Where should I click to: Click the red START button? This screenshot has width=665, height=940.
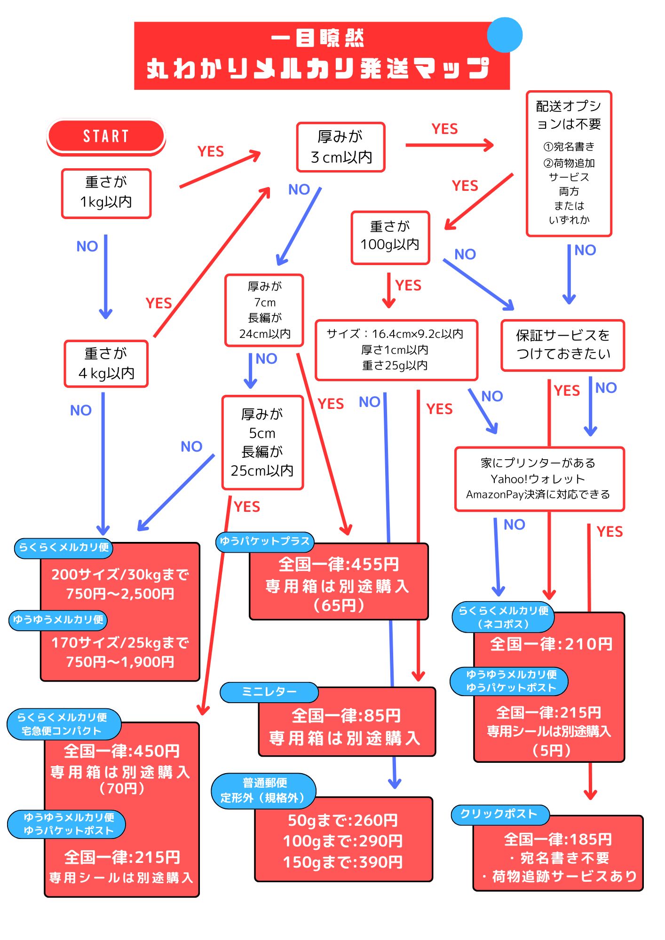[106, 136]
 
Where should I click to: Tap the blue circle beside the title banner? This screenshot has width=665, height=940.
[505, 35]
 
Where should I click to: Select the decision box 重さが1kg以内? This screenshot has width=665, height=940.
[106, 193]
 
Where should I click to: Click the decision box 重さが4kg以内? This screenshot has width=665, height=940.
[106, 364]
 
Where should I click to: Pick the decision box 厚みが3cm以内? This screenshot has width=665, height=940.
[341, 147]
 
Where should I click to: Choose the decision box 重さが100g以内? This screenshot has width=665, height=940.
[390, 237]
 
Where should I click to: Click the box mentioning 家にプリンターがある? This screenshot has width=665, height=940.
[539, 479]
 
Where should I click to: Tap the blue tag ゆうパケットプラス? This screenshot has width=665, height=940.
[265, 541]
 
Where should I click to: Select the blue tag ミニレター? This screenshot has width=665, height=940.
[269, 692]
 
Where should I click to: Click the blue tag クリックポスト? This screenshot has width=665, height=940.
[499, 815]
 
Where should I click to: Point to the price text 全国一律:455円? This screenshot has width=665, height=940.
[339, 564]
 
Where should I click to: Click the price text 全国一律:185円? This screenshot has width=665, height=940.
[558, 839]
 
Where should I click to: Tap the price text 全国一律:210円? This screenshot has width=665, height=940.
[551, 644]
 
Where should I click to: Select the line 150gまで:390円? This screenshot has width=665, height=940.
[343, 862]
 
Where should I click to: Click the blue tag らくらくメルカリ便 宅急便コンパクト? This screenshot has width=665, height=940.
[63, 724]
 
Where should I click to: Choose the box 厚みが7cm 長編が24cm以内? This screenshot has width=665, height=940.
[264, 310]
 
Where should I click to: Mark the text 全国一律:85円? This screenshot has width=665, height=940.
[346, 716]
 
